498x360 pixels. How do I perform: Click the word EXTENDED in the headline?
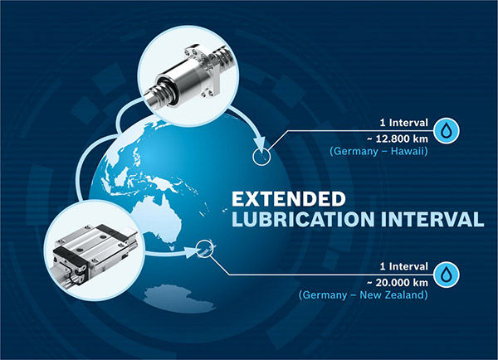pos(288,199)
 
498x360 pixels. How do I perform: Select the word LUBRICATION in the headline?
pos(303,219)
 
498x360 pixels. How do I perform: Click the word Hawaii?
pos(408,151)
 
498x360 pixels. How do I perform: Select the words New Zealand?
pos(392,295)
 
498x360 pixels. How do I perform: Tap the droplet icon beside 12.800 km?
pos(447,130)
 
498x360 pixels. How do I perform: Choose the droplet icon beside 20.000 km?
pos(447,275)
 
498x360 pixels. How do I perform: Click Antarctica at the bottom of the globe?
pos(179,298)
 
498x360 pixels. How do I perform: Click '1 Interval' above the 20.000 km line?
pos(404,266)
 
